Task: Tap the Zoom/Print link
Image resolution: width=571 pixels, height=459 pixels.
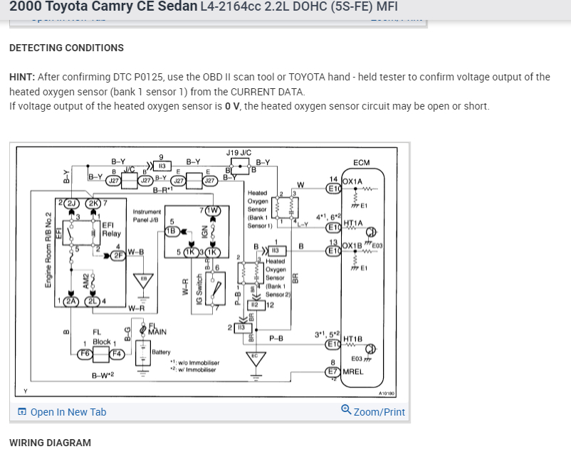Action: (373, 411)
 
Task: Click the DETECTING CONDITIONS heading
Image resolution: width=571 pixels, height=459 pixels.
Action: (66, 48)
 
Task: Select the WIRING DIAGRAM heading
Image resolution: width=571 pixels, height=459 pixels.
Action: (50, 443)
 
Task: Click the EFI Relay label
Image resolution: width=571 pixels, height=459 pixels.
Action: (111, 228)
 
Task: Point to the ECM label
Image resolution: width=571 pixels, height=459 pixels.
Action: (362, 163)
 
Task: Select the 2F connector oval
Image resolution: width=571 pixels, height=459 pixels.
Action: (116, 255)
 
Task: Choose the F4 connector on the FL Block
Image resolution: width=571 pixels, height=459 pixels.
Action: (116, 352)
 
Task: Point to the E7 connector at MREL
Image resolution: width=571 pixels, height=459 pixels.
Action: (332, 371)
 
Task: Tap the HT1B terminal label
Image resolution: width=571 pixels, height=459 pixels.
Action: (353, 339)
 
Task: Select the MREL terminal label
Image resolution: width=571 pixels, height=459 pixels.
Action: (353, 371)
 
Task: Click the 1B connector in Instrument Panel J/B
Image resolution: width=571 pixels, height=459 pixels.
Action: (171, 231)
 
